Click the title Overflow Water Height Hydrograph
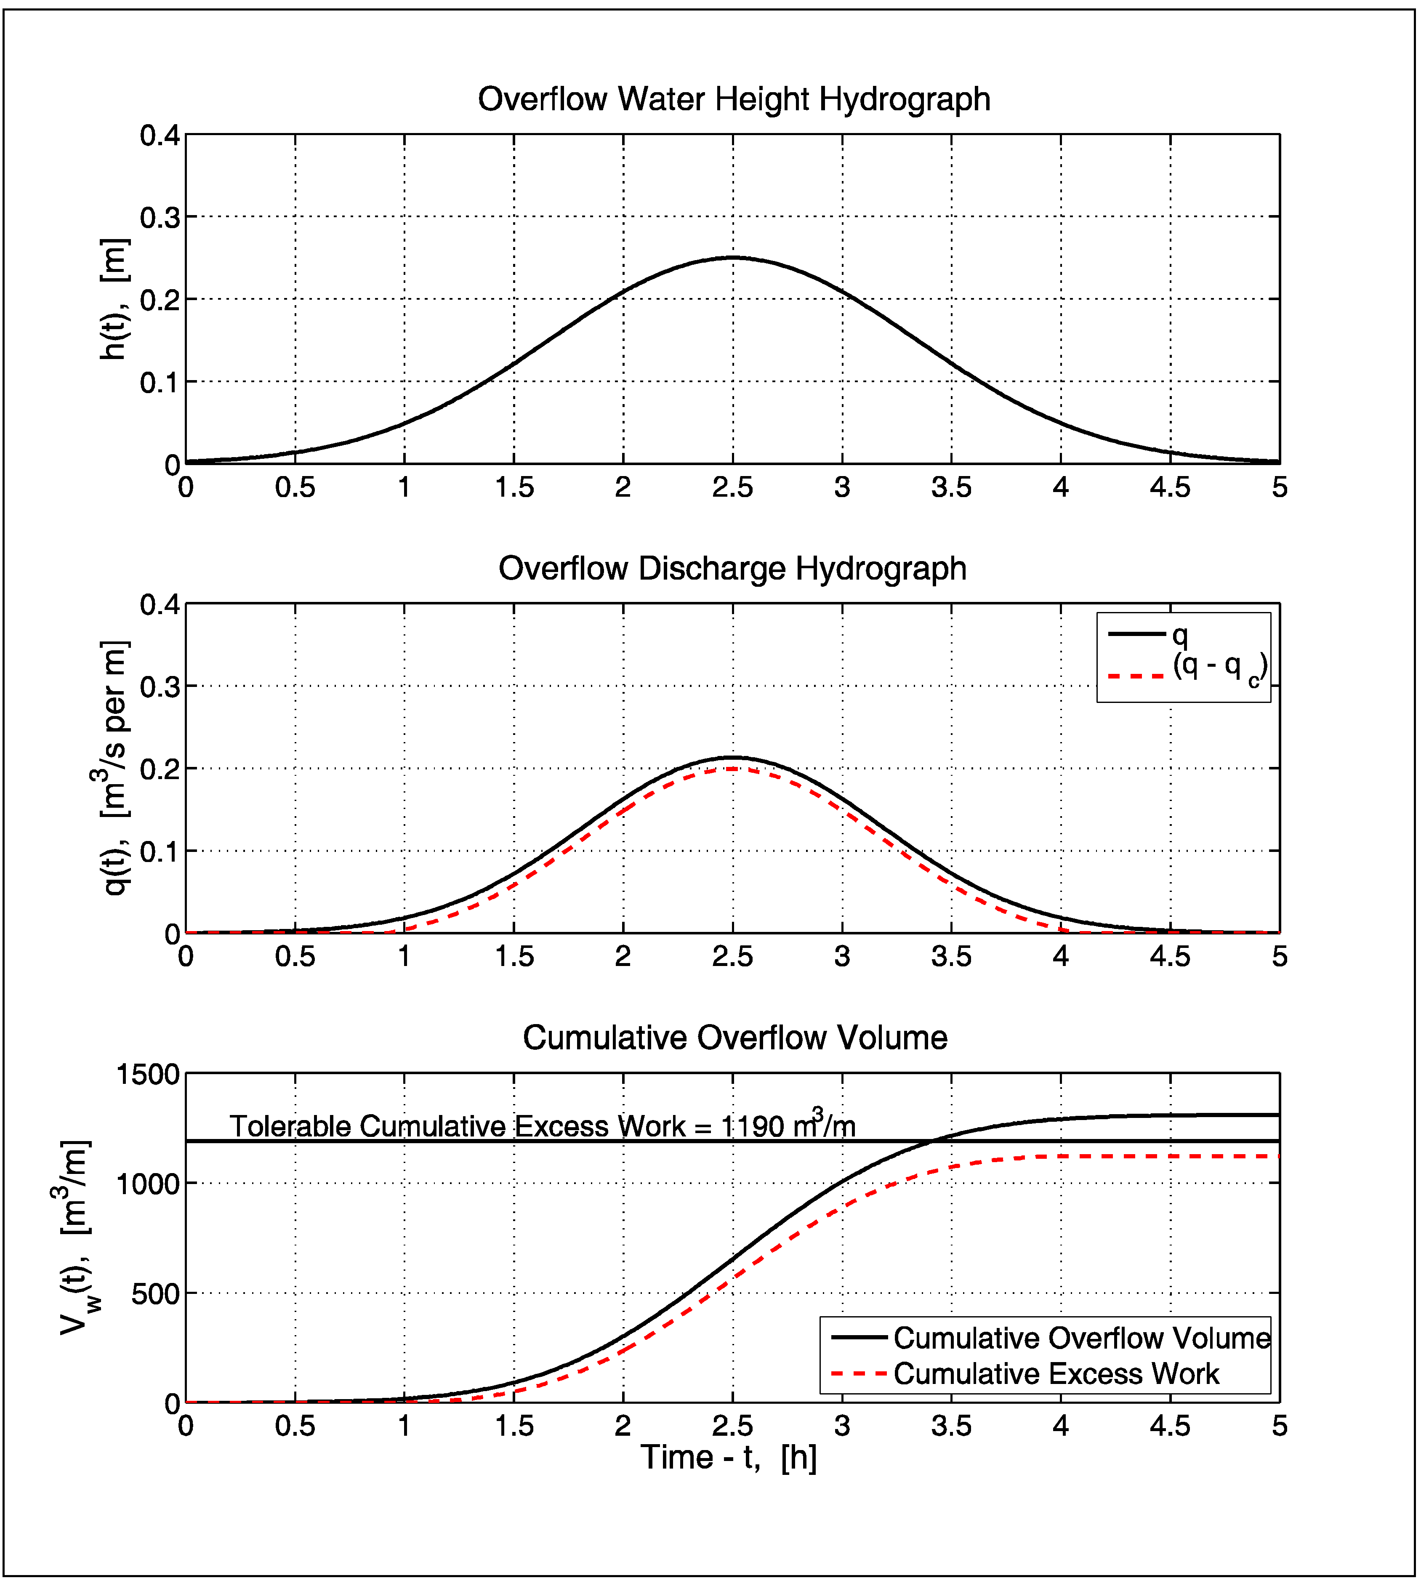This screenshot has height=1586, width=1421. [734, 100]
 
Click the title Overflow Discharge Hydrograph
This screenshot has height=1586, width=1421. [732, 569]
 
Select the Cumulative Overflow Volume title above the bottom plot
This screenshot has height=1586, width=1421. [735, 1038]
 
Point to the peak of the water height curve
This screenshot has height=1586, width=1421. [732, 258]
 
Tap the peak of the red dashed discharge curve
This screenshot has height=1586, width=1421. [732, 769]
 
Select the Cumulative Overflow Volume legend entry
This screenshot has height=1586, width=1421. [1081, 1338]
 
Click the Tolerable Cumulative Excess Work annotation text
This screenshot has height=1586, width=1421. [543, 1126]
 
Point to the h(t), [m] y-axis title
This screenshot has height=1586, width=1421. [115, 299]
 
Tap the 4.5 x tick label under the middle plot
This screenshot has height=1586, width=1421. [1170, 957]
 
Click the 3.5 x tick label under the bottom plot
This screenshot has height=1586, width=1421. [951, 1426]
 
